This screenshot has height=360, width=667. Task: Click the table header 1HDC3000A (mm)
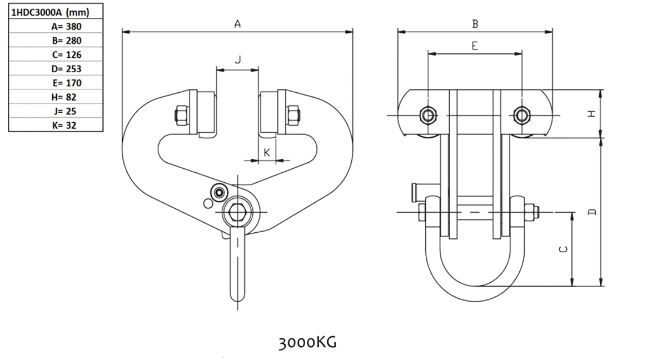point(50,12)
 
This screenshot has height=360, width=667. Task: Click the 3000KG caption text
point(307,341)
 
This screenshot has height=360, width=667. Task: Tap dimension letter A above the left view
point(237,24)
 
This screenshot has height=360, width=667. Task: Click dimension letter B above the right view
point(475,24)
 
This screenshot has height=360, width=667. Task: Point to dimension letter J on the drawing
point(237,59)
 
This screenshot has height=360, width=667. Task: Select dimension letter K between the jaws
point(267,152)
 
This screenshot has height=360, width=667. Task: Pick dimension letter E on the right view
point(474,46)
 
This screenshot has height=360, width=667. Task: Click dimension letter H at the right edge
point(591,113)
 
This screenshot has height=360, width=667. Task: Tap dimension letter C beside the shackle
point(564,249)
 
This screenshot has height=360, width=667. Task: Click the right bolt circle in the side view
point(521,115)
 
